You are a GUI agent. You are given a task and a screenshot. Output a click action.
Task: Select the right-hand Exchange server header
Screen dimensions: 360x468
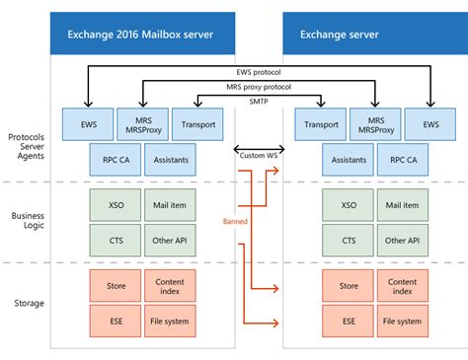pos(374,36)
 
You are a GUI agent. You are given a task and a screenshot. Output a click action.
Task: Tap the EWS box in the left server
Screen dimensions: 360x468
pos(88,125)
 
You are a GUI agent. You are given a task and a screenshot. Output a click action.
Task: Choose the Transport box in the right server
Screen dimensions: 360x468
pos(319,125)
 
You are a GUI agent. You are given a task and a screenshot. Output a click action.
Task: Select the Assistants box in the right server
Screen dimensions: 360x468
pos(347,159)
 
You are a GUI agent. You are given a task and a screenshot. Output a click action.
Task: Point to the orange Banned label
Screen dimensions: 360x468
pos(234,222)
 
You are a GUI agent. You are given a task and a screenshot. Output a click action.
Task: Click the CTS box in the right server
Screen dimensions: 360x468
pos(347,239)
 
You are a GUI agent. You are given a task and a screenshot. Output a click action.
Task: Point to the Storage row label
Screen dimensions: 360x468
pos(28,304)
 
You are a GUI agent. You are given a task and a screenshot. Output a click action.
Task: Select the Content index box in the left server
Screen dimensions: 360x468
pos(170,287)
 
